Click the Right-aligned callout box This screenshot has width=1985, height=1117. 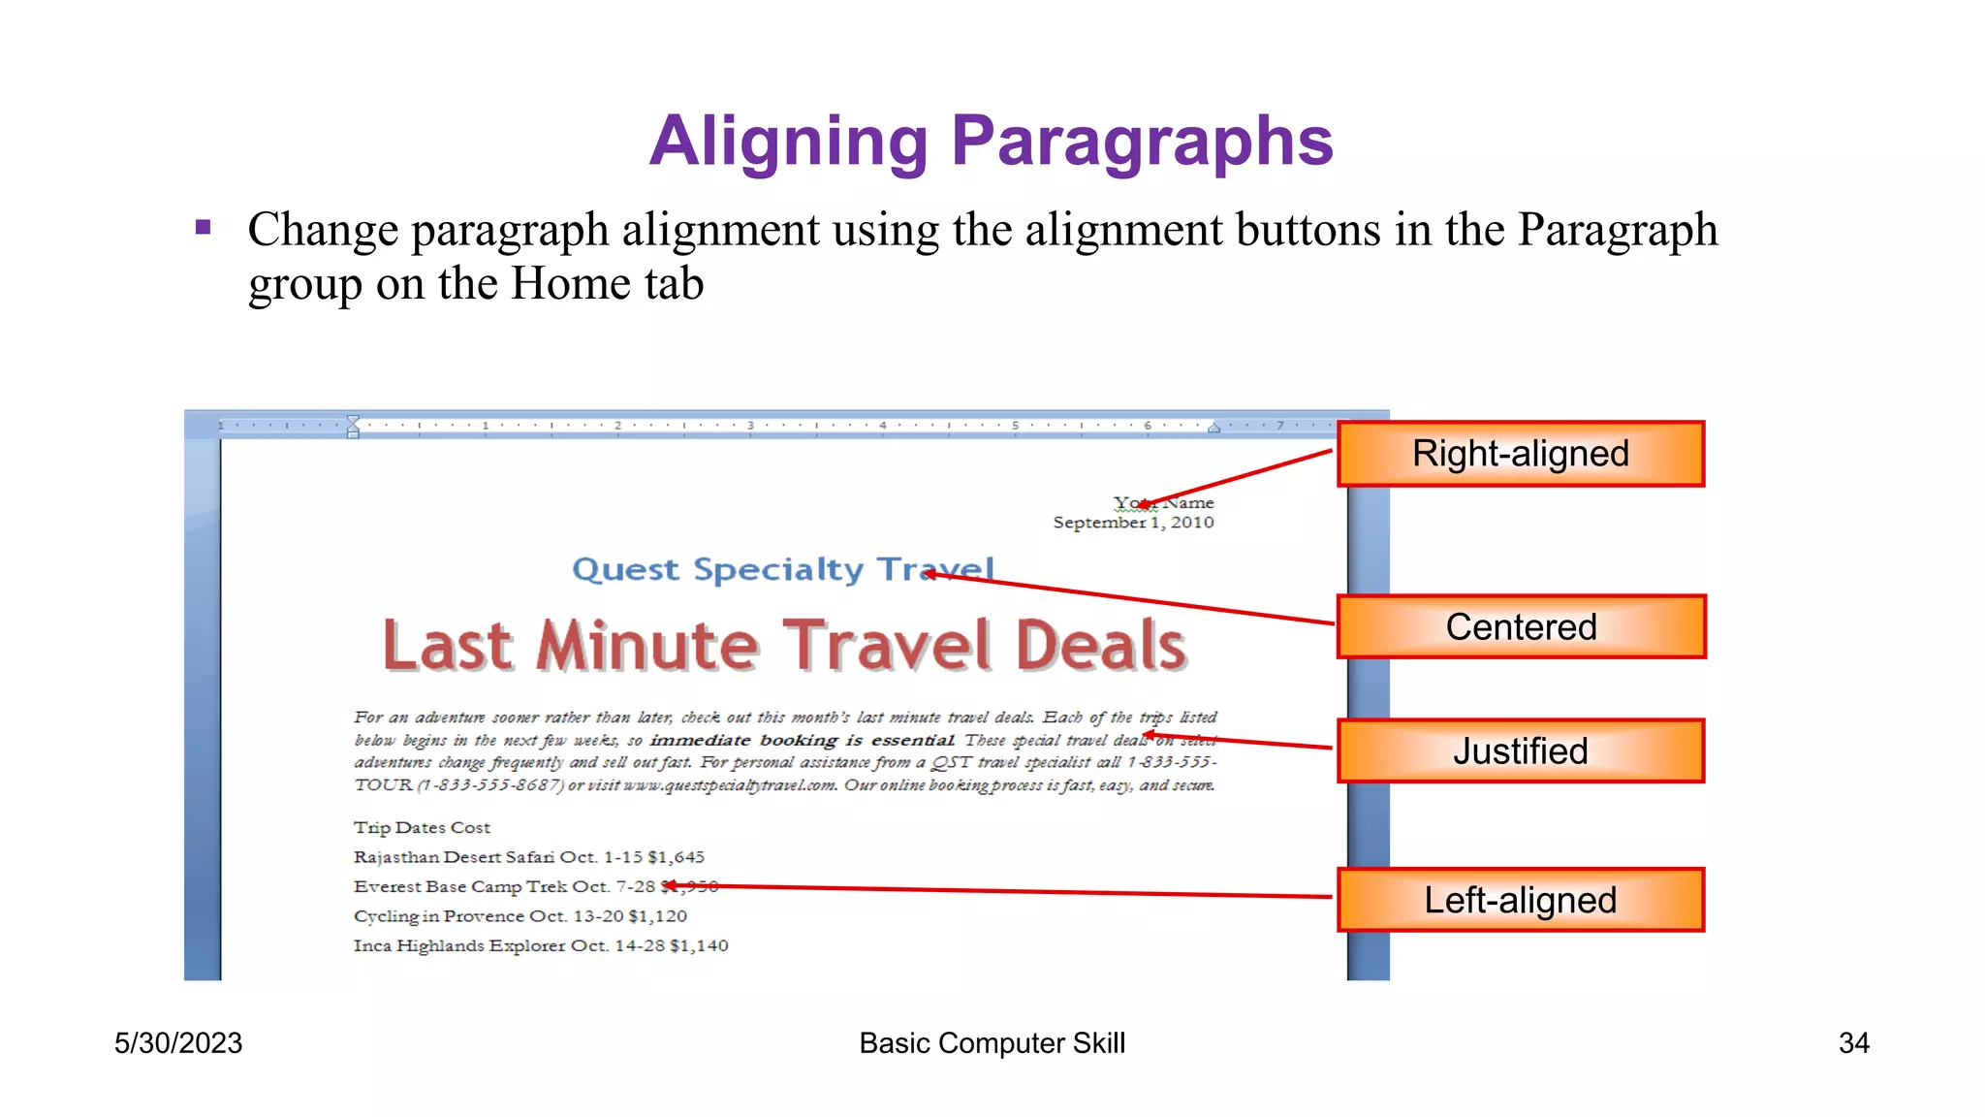pyautogui.click(x=1520, y=454)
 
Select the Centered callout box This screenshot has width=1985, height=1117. pyautogui.click(x=1520, y=627)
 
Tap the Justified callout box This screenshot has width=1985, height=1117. pyautogui.click(x=1520, y=751)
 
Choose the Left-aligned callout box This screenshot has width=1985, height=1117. pyautogui.click(x=1520, y=900)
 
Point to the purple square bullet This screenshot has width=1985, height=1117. pyautogui.click(x=203, y=228)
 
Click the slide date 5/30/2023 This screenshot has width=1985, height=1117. pyautogui.click(x=178, y=1043)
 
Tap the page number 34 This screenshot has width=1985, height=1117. pyautogui.click(x=1853, y=1043)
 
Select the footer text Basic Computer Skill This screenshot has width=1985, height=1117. pyautogui.click(x=992, y=1043)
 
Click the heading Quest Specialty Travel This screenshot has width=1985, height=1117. pyautogui.click(x=782, y=569)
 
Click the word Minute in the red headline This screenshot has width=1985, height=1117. pyautogui.click(x=647, y=647)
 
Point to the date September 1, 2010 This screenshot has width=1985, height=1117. pyautogui.click(x=1133, y=523)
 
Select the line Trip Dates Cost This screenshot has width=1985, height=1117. pyautogui.click(x=422, y=828)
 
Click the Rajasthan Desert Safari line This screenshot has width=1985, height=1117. pyautogui.click(x=528, y=857)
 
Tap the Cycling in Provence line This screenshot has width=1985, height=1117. pyautogui.click(x=520, y=916)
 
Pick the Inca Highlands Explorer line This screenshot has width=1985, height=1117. pyautogui.click(x=540, y=945)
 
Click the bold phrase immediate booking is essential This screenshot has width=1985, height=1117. pyautogui.click(x=801, y=741)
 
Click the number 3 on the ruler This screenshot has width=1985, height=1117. pyautogui.click(x=750, y=426)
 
